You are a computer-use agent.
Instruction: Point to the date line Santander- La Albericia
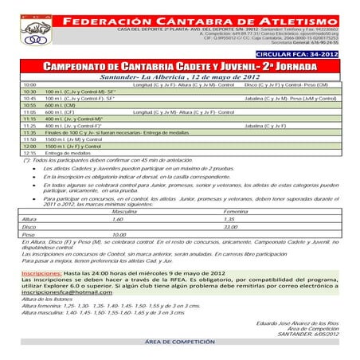click(180, 76)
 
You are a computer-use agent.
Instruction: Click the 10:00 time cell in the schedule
click(29, 84)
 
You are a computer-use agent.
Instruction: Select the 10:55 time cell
click(30, 104)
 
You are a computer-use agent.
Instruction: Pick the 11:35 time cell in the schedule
click(30, 132)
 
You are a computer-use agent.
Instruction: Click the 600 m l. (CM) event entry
click(66, 104)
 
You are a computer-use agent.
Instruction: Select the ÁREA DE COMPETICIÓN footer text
click(180, 317)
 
